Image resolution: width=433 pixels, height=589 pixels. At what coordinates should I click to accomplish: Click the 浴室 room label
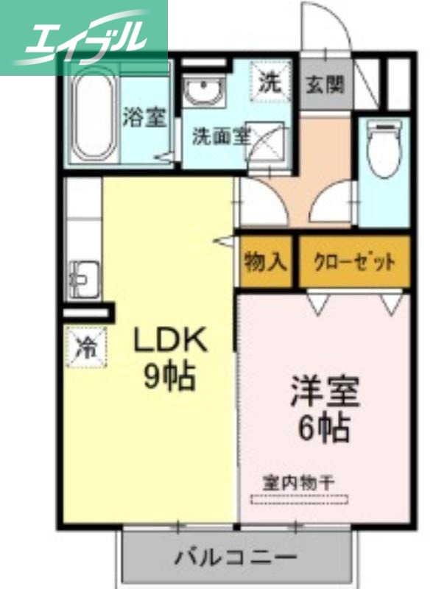click(x=144, y=117)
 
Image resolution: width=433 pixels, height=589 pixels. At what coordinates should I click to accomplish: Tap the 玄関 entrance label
click(x=324, y=84)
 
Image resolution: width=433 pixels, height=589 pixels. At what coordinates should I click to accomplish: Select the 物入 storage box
click(x=265, y=261)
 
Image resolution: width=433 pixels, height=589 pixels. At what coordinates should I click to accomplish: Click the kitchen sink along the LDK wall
click(x=82, y=278)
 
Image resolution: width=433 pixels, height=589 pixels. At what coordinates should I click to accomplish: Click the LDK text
click(x=171, y=341)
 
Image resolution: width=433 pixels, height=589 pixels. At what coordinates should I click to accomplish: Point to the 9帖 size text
click(x=169, y=378)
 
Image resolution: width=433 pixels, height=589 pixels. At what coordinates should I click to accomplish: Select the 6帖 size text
click(x=324, y=429)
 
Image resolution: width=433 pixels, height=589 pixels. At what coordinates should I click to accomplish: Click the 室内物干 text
click(x=299, y=483)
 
